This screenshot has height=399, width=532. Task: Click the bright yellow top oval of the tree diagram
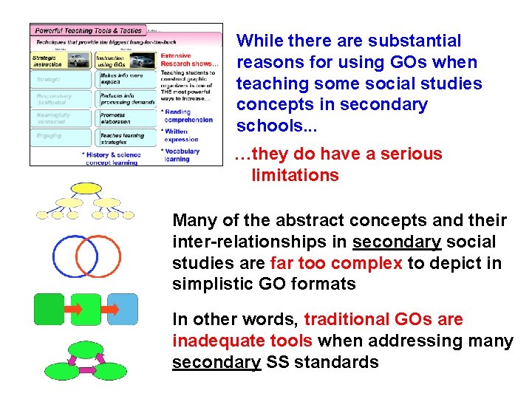pyautogui.click(x=86, y=187)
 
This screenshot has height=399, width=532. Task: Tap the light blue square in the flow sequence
pyautogui.click(x=123, y=309)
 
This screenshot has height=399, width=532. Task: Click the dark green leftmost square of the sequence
pyautogui.click(x=50, y=309)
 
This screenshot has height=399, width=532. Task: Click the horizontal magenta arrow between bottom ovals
pyautogui.click(x=86, y=369)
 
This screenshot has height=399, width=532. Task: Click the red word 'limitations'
pyautogui.click(x=295, y=175)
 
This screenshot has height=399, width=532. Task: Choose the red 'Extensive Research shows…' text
pyautogui.click(x=189, y=60)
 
